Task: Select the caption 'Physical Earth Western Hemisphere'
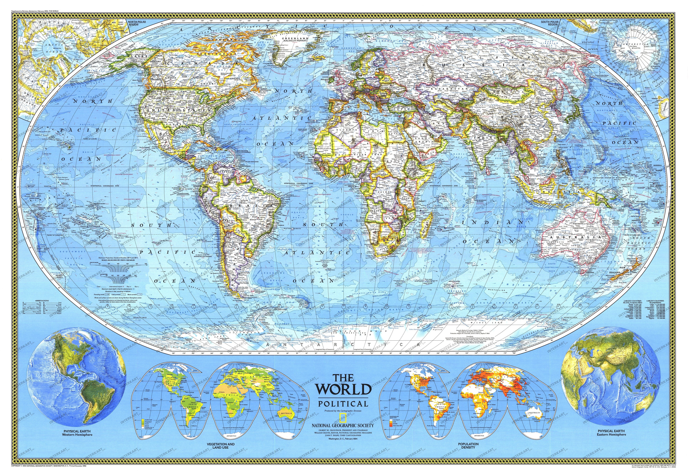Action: (77, 433)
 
